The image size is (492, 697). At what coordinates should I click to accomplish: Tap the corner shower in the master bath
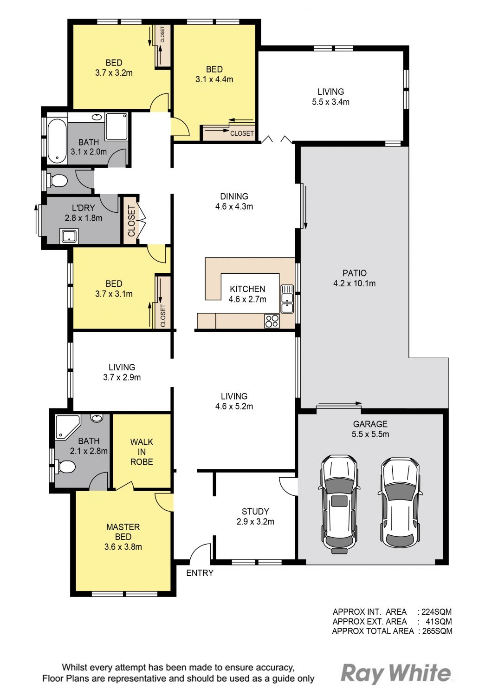click(67, 426)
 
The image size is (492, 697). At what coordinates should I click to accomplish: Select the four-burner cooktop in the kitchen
click(272, 321)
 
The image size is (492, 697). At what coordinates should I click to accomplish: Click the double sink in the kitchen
click(287, 299)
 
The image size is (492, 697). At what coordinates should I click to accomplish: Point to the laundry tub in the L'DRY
click(70, 236)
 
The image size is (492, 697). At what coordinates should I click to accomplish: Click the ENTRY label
click(200, 573)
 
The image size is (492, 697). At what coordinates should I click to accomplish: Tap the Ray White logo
click(395, 673)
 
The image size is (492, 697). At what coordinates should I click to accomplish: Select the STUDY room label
click(255, 511)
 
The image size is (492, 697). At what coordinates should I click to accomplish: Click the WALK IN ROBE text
click(142, 452)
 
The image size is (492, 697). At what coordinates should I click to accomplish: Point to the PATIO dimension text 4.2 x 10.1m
click(354, 283)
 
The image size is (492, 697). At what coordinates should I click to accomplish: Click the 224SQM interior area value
click(436, 612)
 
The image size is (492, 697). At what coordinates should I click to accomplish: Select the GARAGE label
click(370, 424)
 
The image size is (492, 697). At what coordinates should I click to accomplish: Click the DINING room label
click(234, 197)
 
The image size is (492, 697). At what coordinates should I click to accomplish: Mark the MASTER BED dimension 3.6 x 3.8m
click(123, 547)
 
